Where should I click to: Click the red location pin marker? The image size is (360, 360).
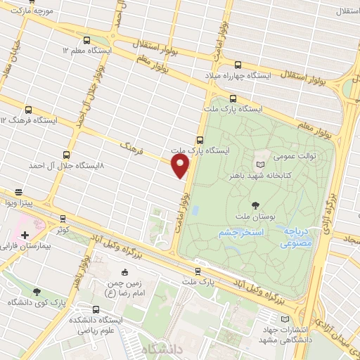click(181, 166)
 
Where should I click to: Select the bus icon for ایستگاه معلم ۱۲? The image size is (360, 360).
click(86, 41)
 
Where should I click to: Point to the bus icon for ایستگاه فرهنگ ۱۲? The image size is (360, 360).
click(29, 110)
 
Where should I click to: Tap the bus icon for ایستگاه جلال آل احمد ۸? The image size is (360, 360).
click(67, 155)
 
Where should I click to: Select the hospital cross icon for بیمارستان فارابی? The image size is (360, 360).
click(25, 235)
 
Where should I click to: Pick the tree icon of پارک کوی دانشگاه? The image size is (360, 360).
click(37, 291)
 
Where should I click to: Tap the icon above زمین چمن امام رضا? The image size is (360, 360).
click(125, 272)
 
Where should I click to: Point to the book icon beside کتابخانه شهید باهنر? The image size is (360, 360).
click(261, 164)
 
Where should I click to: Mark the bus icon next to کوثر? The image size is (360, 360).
click(63, 219)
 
